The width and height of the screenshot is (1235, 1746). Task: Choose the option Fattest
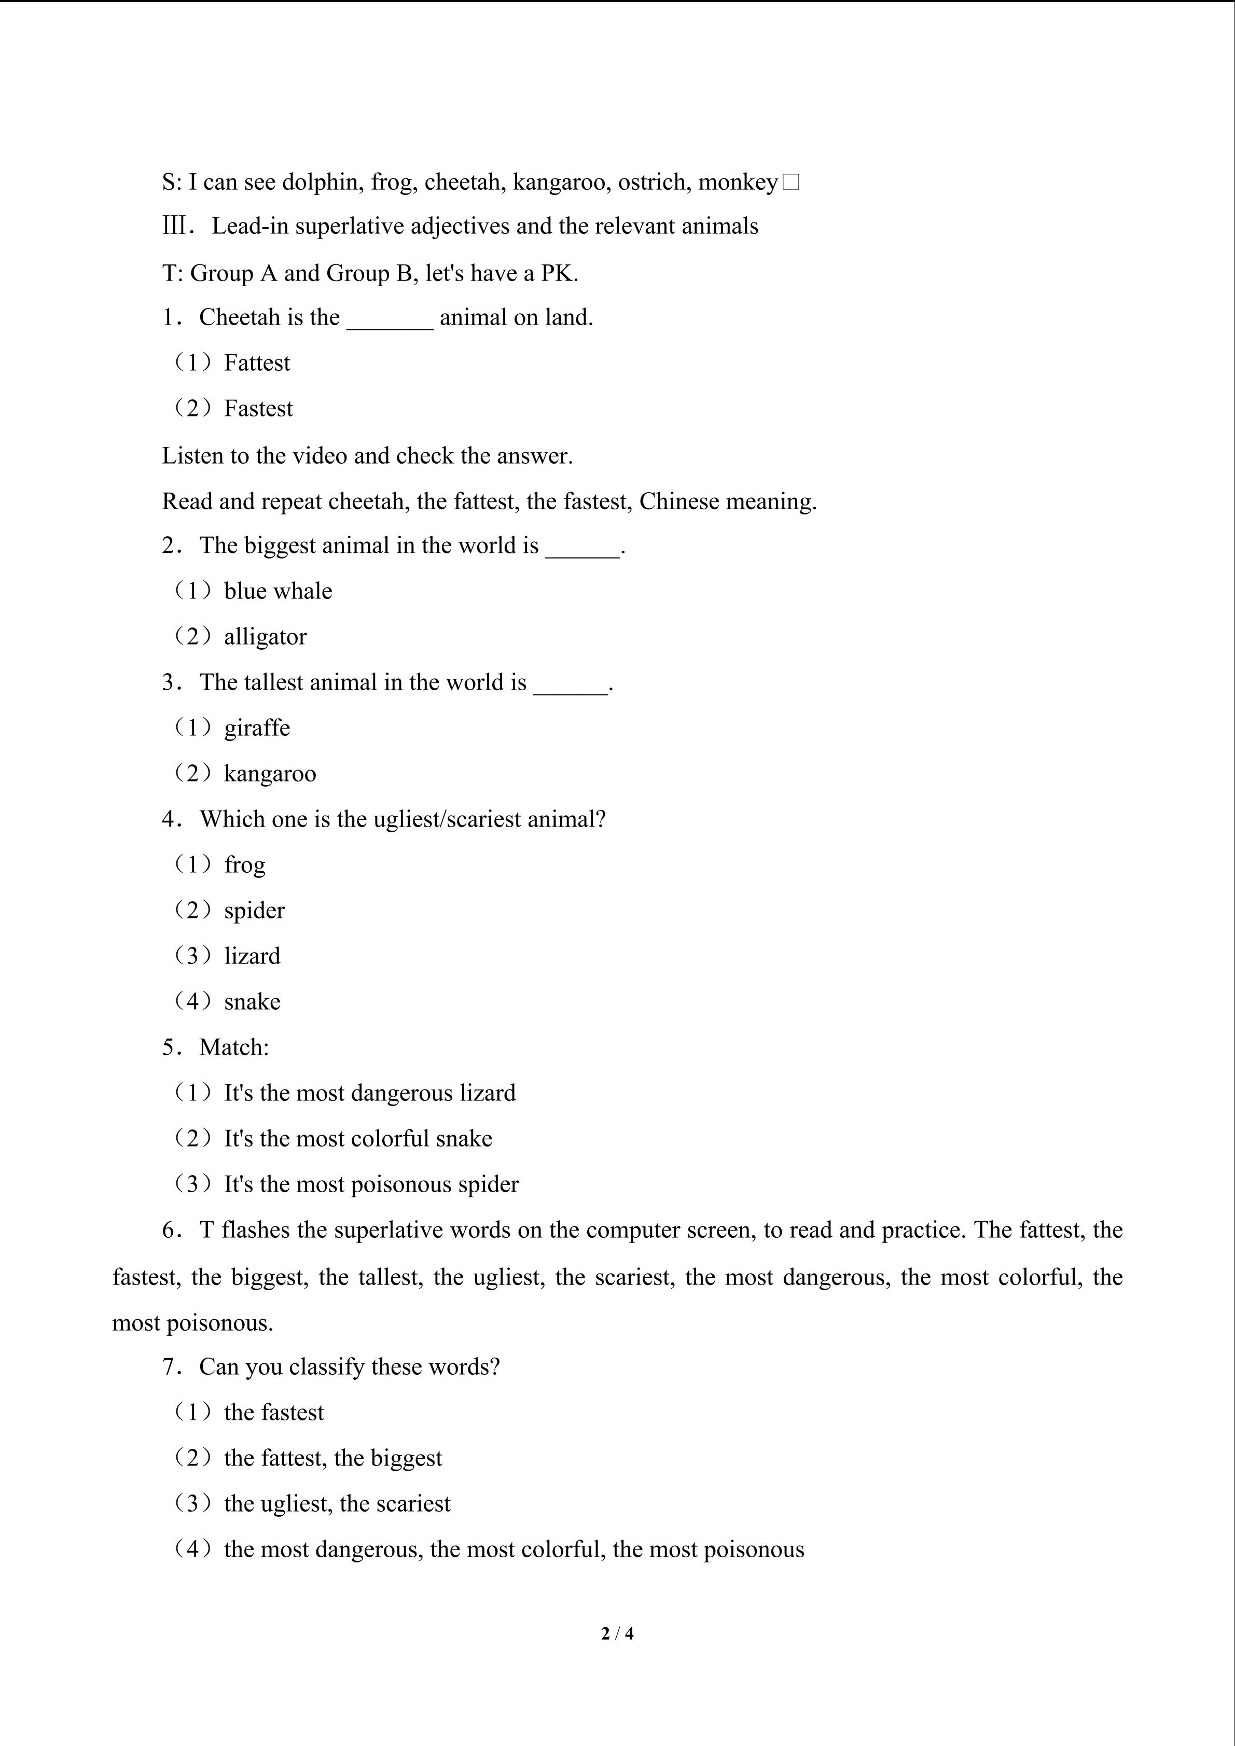point(257,364)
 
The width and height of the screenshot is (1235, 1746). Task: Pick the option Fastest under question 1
point(258,409)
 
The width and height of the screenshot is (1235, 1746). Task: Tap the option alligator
point(266,637)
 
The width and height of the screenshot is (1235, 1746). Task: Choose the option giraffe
point(257,729)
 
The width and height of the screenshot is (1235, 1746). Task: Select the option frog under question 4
point(245,865)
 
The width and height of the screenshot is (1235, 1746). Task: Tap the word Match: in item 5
point(234,1048)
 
